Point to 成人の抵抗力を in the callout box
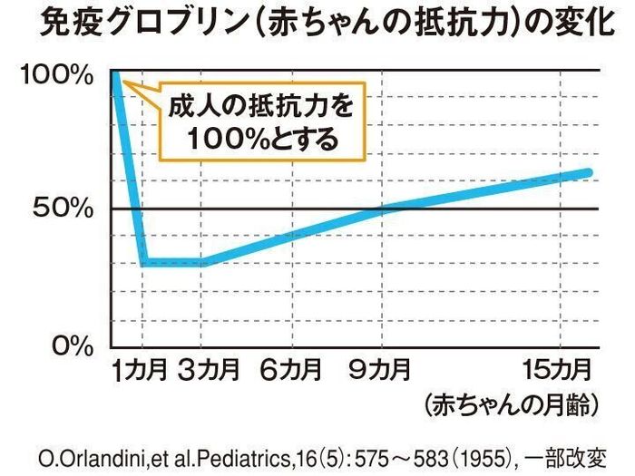click(259, 108)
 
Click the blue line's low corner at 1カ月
click(143, 263)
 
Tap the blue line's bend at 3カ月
click(204, 263)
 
